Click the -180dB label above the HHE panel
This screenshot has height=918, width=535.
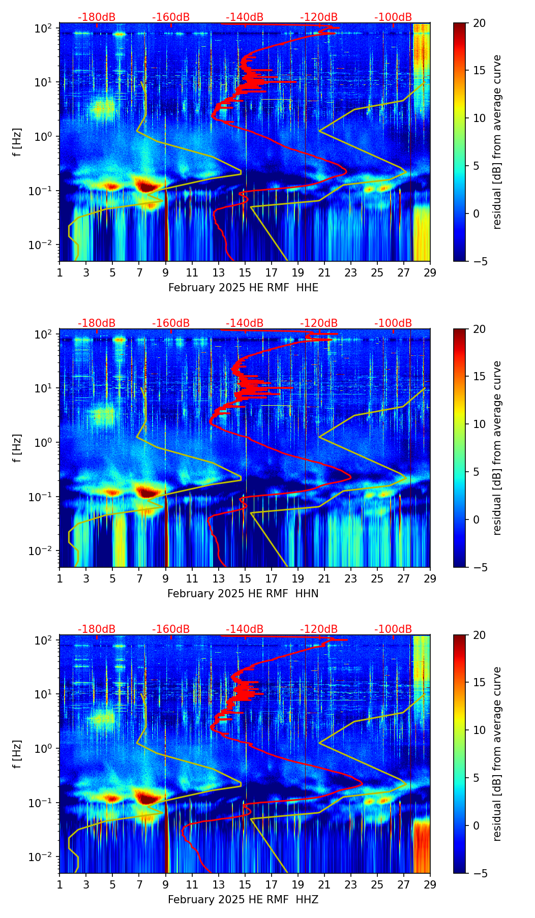97,17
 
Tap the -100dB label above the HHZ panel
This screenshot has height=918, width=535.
393,629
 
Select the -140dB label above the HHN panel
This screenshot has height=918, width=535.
245,323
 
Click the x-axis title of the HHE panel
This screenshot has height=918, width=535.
243,288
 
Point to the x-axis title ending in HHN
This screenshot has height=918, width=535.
243,594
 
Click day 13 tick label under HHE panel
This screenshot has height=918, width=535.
219,272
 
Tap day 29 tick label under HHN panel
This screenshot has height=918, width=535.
430,578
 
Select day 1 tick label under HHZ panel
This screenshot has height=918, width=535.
60,884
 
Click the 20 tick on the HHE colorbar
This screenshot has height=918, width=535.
479,23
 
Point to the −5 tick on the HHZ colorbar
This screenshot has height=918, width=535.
479,873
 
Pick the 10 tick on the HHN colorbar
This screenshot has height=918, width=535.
479,424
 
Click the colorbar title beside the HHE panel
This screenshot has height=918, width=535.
497,142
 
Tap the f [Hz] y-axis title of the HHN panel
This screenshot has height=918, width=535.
17,448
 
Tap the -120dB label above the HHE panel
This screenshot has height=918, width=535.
319,17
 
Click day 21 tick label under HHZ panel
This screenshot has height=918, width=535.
324,884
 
